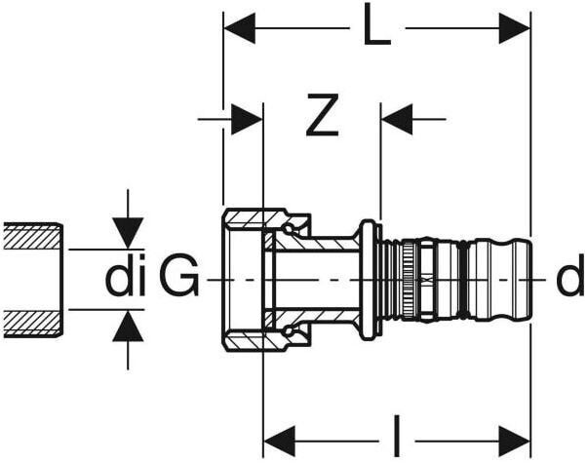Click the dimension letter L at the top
click(376, 29)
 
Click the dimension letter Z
click(321, 119)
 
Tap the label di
click(125, 280)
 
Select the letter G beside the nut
click(179, 280)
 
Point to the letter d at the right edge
click(569, 280)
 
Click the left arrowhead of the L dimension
click(240, 29)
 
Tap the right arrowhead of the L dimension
click(514, 29)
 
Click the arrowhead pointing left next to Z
click(398, 120)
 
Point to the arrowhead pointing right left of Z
click(247, 120)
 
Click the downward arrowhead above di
click(128, 232)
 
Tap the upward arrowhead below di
click(128, 327)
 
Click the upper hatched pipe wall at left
click(32, 236)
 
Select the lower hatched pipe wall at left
click(32, 323)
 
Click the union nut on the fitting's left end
click(243, 280)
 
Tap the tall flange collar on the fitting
click(369, 280)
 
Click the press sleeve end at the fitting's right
click(497, 280)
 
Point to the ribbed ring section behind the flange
click(400, 280)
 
